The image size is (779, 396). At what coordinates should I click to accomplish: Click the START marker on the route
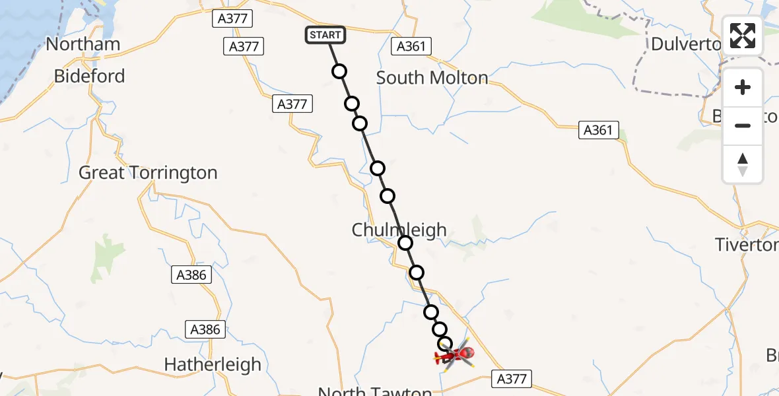(x=325, y=35)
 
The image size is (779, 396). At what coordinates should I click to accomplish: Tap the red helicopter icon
(x=455, y=356)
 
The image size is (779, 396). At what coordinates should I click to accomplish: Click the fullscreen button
(x=743, y=36)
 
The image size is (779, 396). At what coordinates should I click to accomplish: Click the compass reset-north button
(x=743, y=164)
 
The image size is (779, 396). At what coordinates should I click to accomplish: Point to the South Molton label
(x=432, y=78)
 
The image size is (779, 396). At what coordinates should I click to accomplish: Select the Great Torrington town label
(x=148, y=173)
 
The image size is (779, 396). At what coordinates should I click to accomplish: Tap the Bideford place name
(x=89, y=77)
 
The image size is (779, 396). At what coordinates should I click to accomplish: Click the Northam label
(x=83, y=44)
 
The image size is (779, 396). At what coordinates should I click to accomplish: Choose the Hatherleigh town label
(x=213, y=364)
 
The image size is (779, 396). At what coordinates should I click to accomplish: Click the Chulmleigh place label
(x=399, y=230)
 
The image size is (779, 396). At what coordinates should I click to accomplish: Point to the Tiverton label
(x=746, y=246)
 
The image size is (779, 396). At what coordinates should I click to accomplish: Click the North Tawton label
(x=374, y=391)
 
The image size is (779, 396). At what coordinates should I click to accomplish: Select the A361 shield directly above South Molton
(x=411, y=46)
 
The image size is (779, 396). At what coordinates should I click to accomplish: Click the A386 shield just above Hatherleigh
(x=205, y=329)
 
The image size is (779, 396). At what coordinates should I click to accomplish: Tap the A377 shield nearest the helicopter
(x=511, y=378)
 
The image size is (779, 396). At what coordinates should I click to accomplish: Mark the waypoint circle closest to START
(x=339, y=71)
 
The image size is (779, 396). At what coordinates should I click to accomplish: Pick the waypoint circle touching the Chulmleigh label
(x=405, y=244)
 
